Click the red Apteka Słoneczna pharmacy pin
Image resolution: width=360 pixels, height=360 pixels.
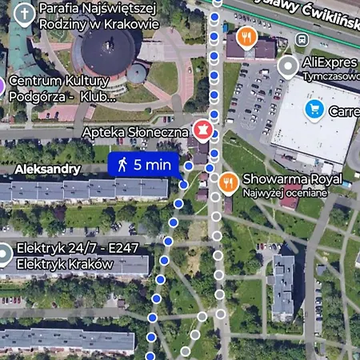pyautogui.click(x=202, y=129)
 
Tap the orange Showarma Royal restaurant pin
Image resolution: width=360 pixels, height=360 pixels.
pyautogui.click(x=228, y=182)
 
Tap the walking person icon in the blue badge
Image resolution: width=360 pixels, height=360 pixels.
pyautogui.click(x=122, y=165)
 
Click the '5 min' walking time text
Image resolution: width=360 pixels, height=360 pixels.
pyautogui.click(x=152, y=165)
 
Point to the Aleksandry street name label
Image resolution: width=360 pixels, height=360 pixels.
pyautogui.click(x=48, y=169)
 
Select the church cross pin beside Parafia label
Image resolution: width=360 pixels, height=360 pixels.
pyautogui.click(x=26, y=14)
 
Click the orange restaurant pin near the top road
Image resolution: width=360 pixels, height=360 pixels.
pyautogui.click(x=247, y=37)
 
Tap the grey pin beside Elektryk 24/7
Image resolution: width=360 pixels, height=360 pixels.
pyautogui.click(x=3, y=255)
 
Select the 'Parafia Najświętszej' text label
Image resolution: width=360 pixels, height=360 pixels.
pyautogui.click(x=96, y=8)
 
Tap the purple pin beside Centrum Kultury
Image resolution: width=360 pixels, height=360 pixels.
pyautogui.click(x=2, y=86)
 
